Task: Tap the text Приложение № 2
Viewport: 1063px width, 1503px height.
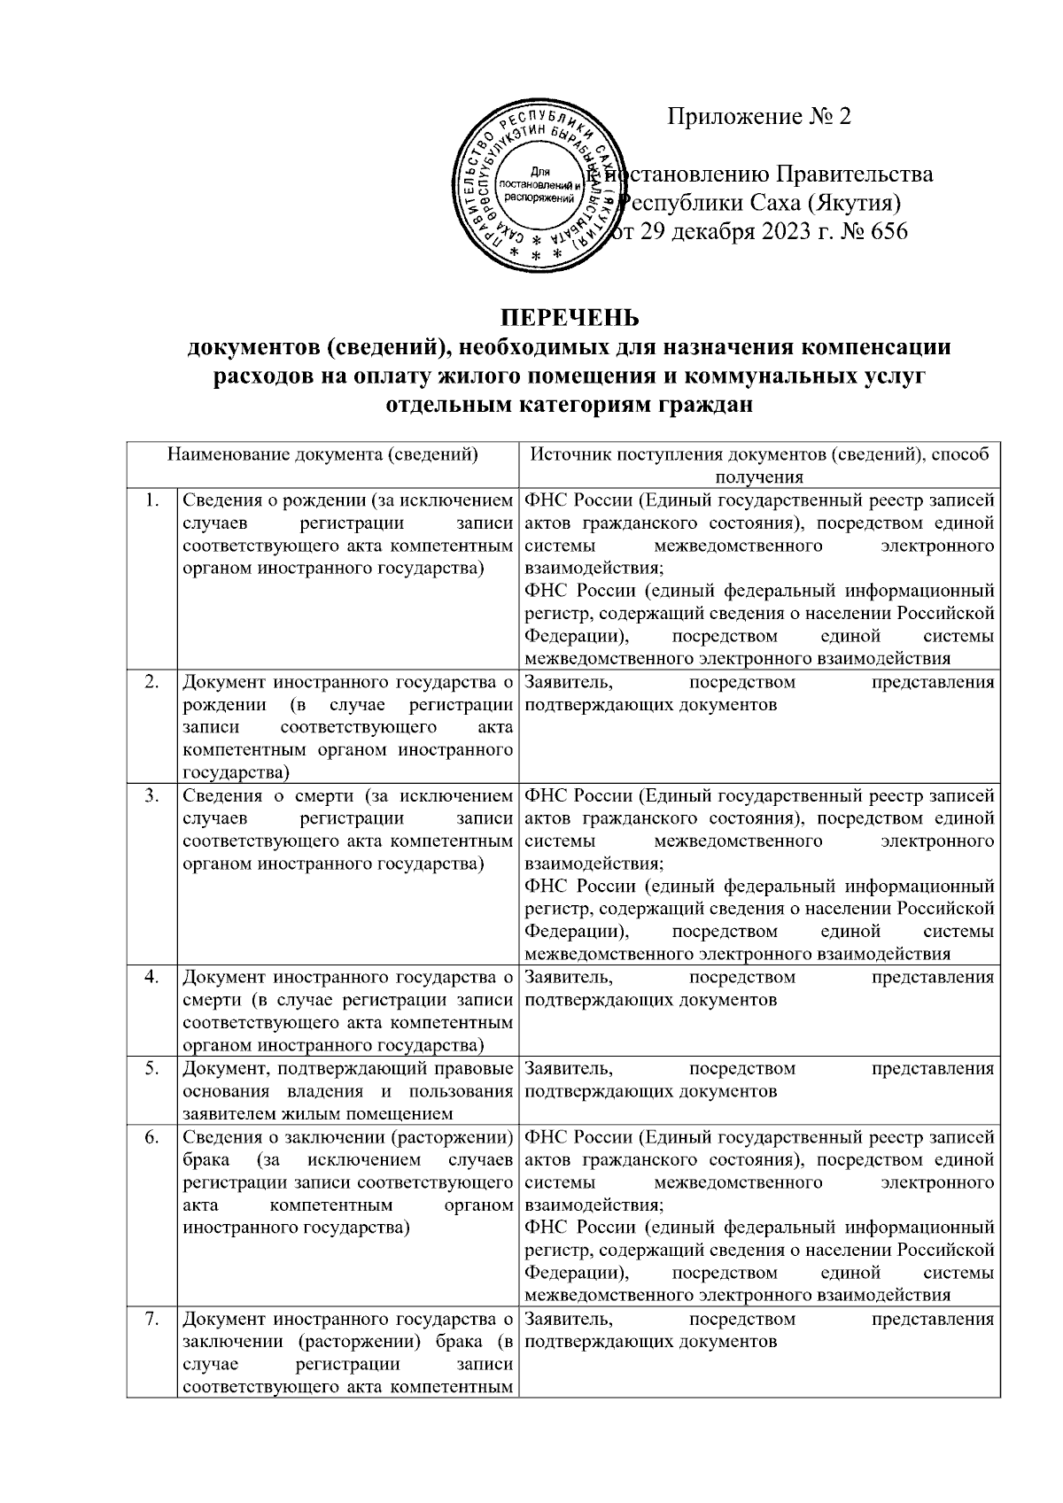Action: point(758,117)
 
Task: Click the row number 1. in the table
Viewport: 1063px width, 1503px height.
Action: point(152,500)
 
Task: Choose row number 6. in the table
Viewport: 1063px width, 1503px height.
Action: point(152,1136)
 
